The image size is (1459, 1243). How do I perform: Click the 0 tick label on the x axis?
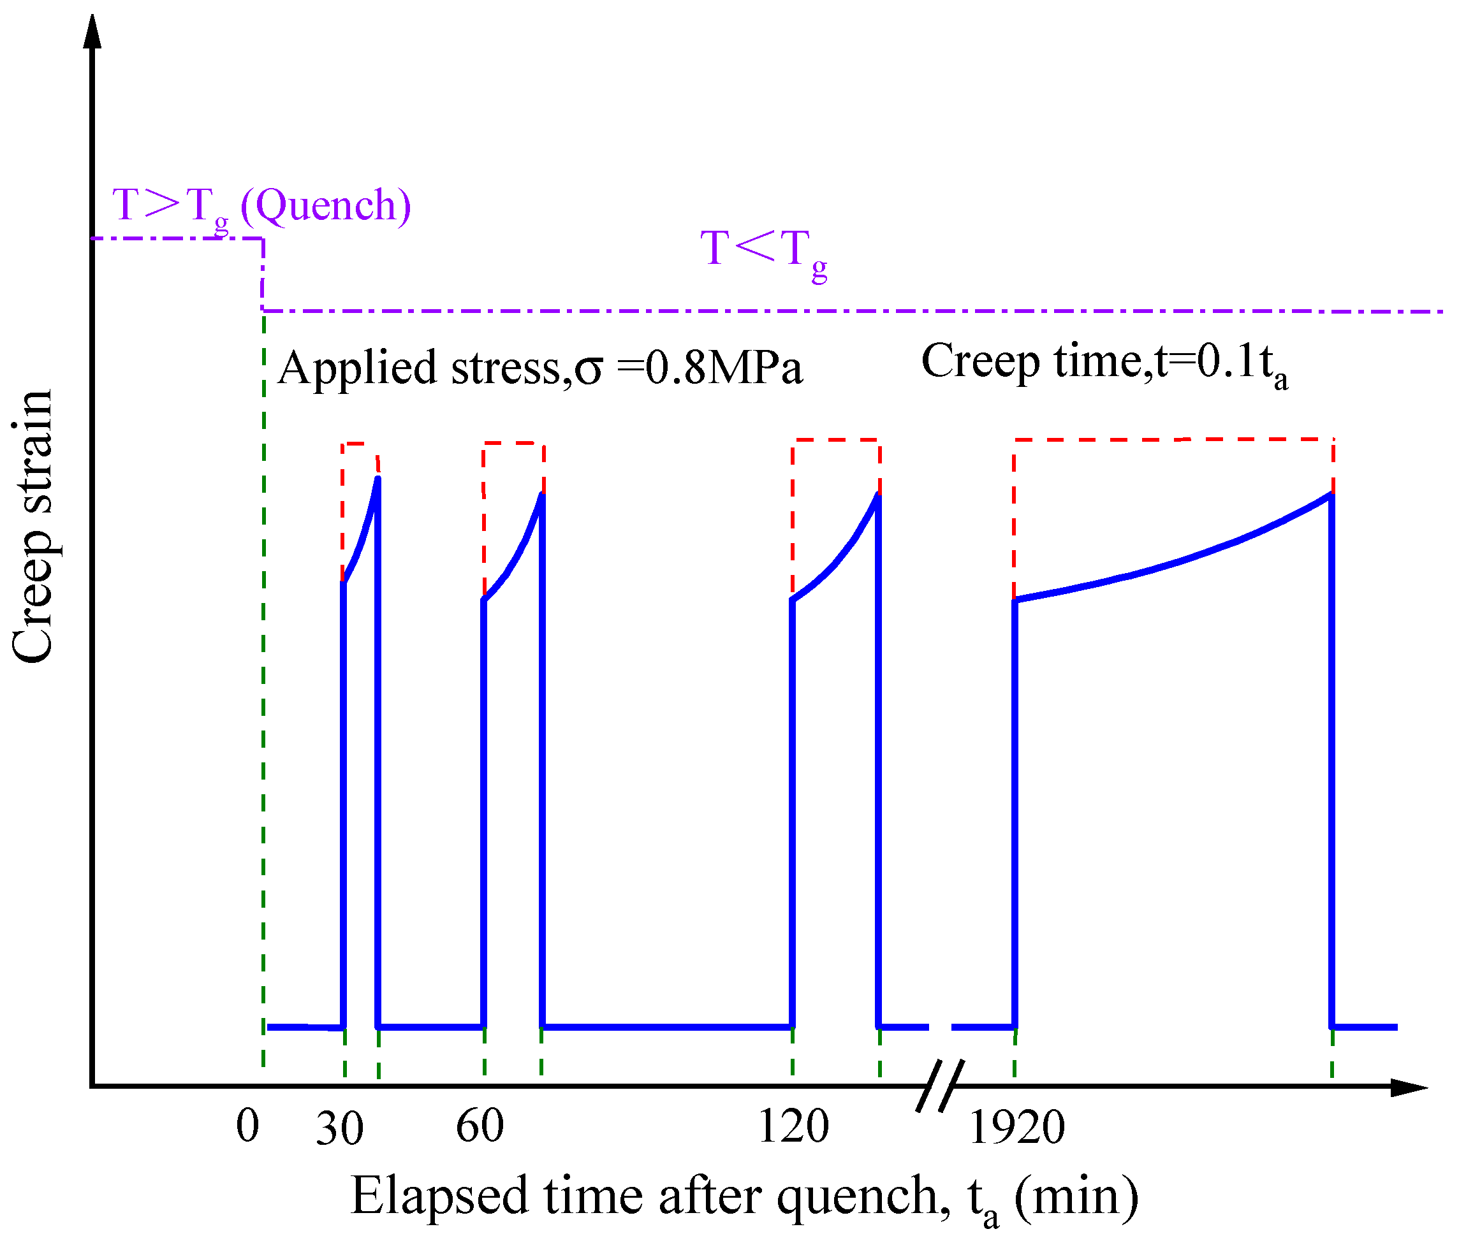247,1126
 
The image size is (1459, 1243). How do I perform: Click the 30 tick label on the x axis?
339,1130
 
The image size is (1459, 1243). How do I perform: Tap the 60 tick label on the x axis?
480,1126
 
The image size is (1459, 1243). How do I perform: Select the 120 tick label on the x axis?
793,1126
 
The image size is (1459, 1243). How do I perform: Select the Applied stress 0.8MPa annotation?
540,368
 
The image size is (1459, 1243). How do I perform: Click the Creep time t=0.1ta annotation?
1103,363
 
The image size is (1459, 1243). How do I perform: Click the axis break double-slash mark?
939,1086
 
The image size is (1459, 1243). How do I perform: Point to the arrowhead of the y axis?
92,32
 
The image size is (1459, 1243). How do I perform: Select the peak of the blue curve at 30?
378,480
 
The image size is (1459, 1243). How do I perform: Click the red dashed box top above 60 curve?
513,444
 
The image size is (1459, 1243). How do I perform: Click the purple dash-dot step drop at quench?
263,275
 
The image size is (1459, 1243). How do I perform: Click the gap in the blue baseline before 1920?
939,1028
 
